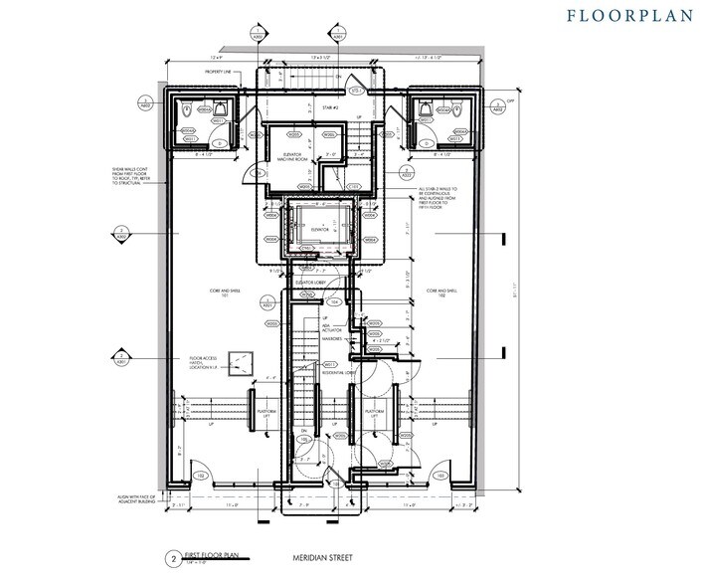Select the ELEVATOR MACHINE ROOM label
point(292,154)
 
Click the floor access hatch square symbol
point(239,361)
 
